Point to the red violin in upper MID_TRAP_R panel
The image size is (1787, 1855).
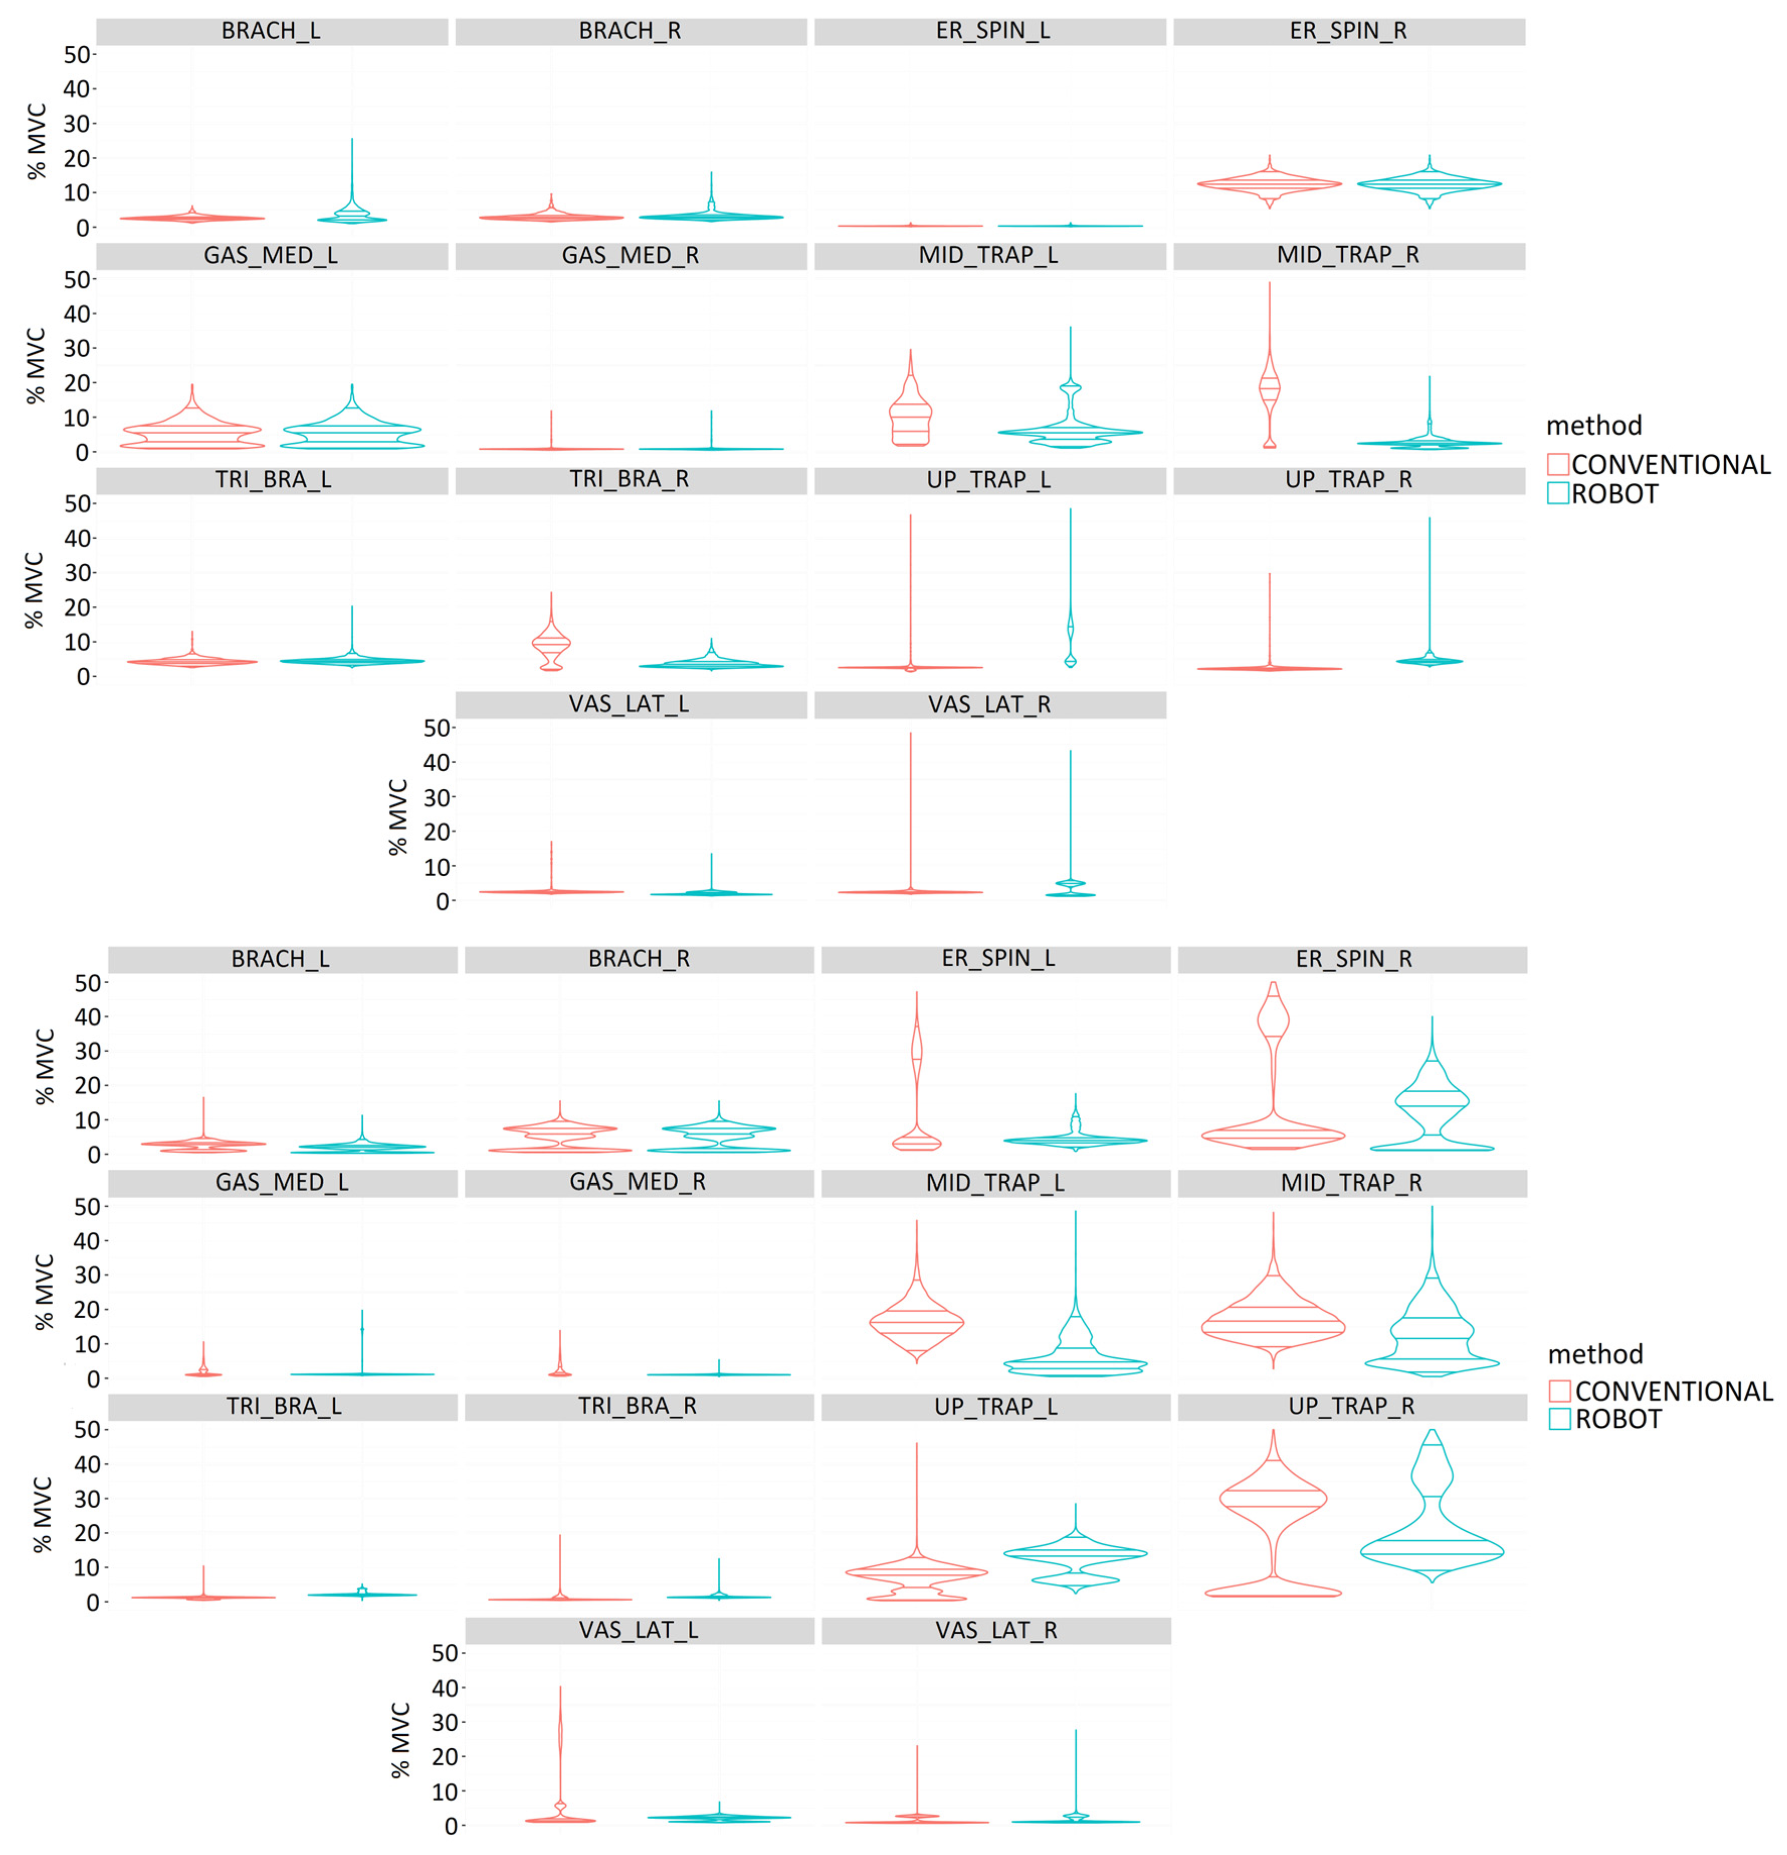(x=1269, y=388)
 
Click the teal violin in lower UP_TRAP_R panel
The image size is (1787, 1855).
(x=1431, y=1552)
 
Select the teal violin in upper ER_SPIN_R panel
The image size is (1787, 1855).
(x=1429, y=183)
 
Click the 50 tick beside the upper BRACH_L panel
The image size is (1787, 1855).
(x=77, y=55)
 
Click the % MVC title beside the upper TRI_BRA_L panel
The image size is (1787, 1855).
(x=34, y=590)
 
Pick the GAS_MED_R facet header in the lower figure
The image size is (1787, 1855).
(x=638, y=1182)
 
